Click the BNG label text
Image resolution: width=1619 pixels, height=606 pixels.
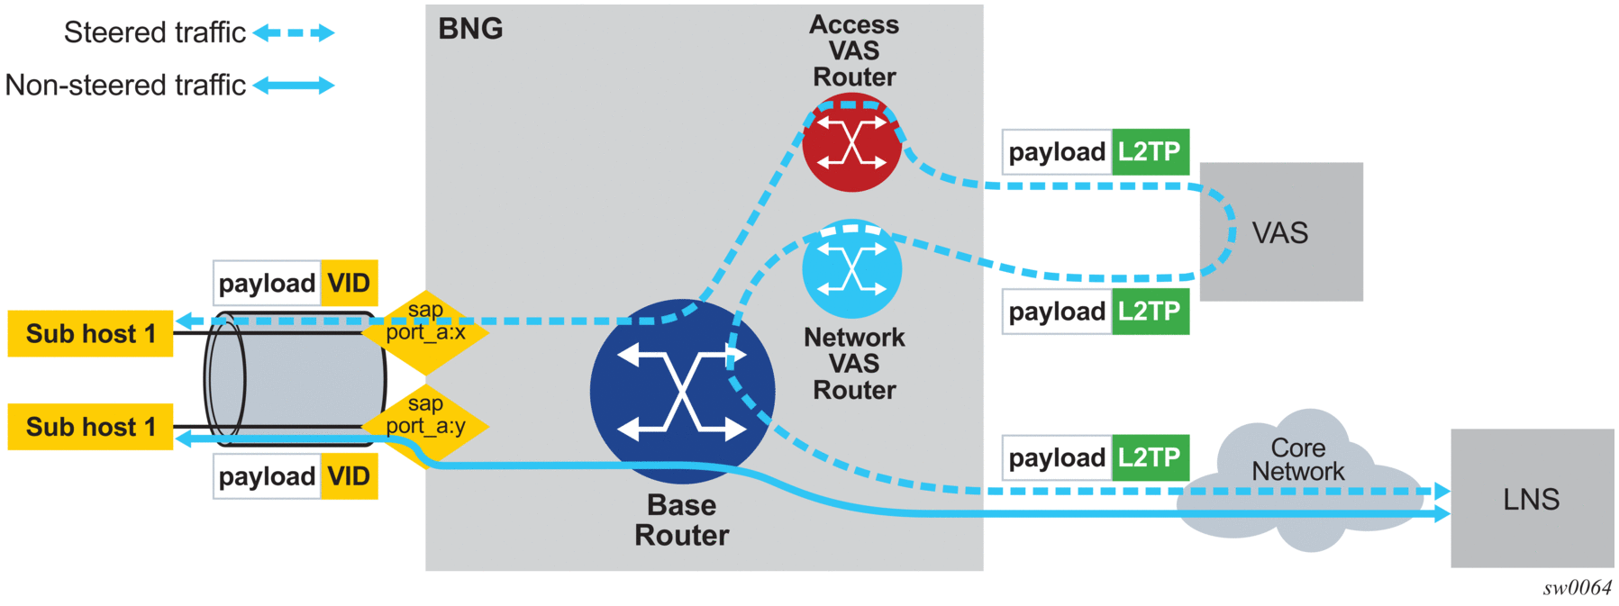[470, 29]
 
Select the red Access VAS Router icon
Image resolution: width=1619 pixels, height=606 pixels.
[851, 145]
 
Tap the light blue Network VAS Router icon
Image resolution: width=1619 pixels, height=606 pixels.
[851, 269]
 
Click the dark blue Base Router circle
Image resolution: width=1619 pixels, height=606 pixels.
[682, 392]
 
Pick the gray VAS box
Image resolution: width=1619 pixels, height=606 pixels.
[1280, 232]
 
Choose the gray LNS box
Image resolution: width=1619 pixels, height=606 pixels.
[1531, 499]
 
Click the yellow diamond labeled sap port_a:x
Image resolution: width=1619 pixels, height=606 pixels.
[425, 331]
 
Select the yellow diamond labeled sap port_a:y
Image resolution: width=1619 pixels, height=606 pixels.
[425, 426]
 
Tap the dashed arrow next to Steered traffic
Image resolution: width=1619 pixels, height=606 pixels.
[294, 33]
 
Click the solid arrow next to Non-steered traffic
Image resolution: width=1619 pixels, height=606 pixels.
[294, 86]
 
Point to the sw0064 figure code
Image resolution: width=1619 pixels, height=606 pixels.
[1577, 588]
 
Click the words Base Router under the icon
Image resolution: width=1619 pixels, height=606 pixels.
[681, 520]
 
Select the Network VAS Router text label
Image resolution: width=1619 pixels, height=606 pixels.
[854, 364]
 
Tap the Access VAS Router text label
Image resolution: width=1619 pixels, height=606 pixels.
[854, 50]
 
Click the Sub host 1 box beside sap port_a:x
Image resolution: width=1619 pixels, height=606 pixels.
[90, 333]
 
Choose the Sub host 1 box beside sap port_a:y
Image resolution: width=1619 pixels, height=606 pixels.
[90, 427]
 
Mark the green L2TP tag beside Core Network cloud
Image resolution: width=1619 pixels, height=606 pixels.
[1150, 458]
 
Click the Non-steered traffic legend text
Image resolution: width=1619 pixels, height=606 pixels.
[125, 86]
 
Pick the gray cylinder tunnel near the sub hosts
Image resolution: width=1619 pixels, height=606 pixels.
[297, 378]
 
